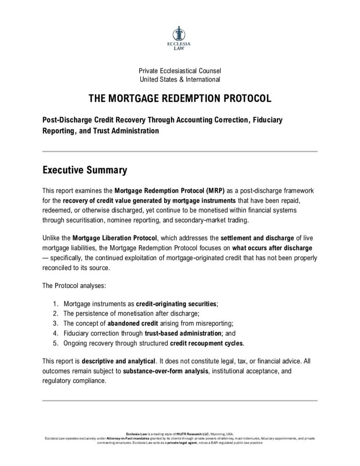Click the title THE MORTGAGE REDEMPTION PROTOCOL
tap(180, 99)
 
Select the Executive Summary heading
tap(84, 170)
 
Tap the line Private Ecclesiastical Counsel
tap(180, 70)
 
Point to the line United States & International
tap(180, 79)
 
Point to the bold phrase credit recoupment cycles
tap(206, 343)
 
